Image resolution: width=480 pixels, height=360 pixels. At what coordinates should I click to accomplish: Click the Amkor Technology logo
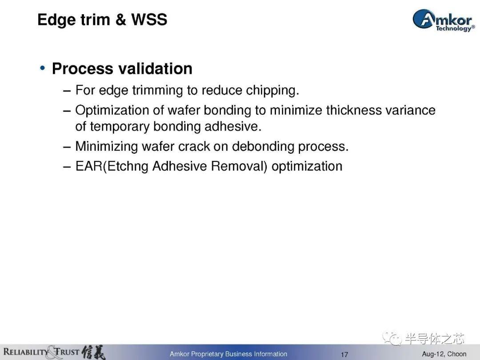[444, 20]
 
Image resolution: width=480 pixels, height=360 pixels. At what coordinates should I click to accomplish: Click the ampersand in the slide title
[121, 20]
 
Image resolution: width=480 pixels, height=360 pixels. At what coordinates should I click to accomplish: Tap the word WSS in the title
[149, 20]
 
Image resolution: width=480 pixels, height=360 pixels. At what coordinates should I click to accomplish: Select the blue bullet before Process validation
[43, 68]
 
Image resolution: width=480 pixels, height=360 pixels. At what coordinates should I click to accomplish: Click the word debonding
[263, 147]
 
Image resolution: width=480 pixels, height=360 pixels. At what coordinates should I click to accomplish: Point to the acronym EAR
[89, 166]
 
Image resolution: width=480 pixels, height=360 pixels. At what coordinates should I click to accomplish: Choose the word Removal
[237, 166]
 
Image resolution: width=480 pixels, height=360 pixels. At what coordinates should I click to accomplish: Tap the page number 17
[344, 355]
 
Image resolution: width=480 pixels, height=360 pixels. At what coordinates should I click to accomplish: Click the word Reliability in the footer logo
[26, 352]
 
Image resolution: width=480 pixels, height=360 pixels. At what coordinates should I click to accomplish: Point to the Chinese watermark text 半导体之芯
[434, 339]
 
